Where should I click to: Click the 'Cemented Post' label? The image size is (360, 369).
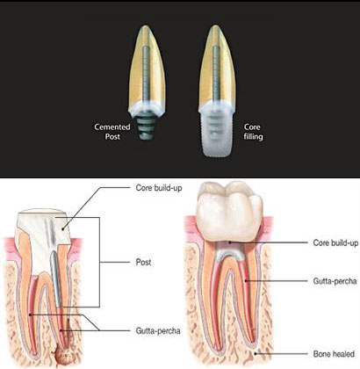[x=112, y=132]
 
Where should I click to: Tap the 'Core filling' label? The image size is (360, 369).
[x=253, y=132]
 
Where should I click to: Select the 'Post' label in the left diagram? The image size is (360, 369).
[x=143, y=262]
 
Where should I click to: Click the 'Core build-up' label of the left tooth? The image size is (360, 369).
[x=159, y=188]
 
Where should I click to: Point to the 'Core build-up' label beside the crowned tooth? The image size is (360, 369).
[x=335, y=242]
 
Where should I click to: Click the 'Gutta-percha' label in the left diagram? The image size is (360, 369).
[x=158, y=331]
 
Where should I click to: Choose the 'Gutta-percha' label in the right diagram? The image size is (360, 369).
[x=335, y=281]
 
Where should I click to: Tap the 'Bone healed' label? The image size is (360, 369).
[x=334, y=354]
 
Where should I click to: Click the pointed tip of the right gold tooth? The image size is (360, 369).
[x=216, y=25]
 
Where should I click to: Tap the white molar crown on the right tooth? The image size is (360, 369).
[x=230, y=211]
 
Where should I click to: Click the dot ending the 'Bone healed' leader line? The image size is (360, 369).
[x=256, y=354]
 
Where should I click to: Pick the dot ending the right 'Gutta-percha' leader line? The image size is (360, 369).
[x=246, y=281]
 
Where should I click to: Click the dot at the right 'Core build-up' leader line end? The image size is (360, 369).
[x=230, y=242]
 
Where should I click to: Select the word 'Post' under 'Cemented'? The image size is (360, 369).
[x=112, y=136]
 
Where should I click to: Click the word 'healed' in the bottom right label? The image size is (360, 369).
[x=343, y=354]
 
